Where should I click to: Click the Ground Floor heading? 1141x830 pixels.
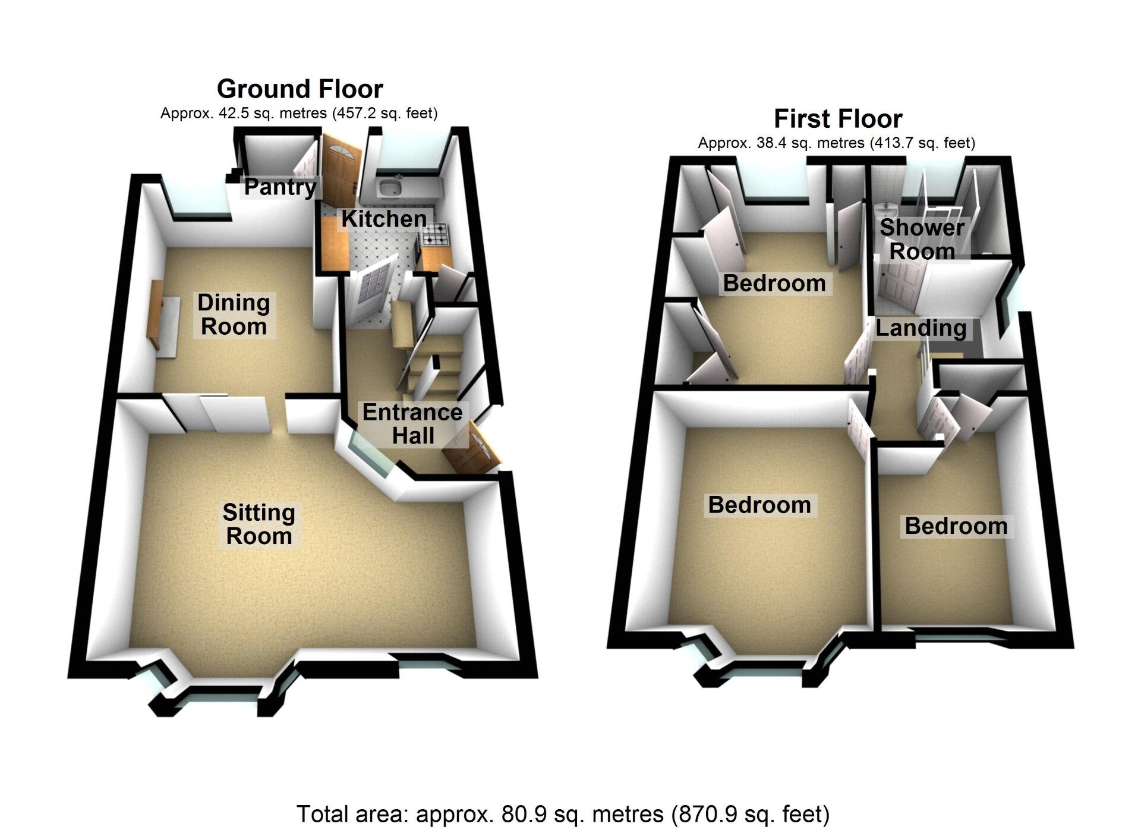click(x=300, y=89)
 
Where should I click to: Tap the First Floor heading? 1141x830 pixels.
click(x=838, y=119)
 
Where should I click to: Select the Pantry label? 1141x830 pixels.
click(x=280, y=187)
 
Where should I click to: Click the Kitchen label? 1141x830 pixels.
click(x=384, y=219)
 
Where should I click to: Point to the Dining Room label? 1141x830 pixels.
click(x=234, y=315)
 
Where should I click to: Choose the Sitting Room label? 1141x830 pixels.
click(x=259, y=524)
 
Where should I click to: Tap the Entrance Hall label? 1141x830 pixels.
click(x=412, y=424)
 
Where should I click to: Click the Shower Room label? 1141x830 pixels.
click(x=922, y=240)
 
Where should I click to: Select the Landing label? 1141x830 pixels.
click(x=921, y=328)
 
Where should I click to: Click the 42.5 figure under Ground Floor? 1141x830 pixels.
click(x=232, y=113)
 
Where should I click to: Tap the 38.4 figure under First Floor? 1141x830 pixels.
click(x=770, y=143)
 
